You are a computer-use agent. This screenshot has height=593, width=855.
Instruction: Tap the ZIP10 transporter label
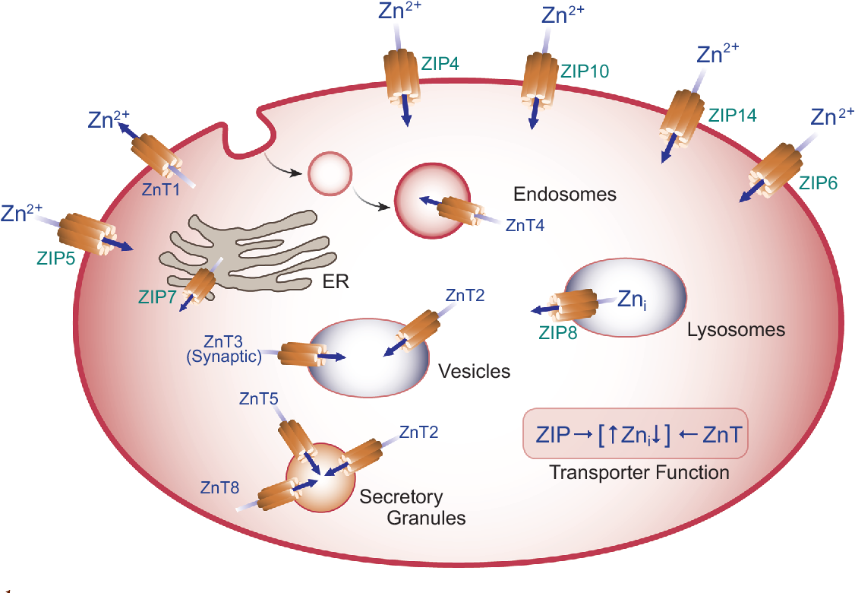(585, 71)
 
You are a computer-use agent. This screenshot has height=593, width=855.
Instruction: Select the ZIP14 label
(733, 116)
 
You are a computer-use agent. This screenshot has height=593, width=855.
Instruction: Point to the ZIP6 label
(819, 182)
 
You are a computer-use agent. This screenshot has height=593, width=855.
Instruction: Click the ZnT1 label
(160, 192)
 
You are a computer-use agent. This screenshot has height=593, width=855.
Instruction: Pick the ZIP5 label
(55, 258)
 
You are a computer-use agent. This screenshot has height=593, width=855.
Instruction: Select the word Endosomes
(565, 195)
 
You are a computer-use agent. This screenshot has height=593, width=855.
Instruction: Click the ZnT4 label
(525, 224)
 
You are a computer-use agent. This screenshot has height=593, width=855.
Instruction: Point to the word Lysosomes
(736, 330)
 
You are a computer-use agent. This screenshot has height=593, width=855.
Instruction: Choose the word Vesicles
(475, 372)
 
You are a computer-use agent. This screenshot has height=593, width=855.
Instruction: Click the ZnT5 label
(259, 398)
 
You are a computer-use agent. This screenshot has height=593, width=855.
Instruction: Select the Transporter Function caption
(639, 473)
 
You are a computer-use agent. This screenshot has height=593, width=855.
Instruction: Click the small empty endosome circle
(330, 173)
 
